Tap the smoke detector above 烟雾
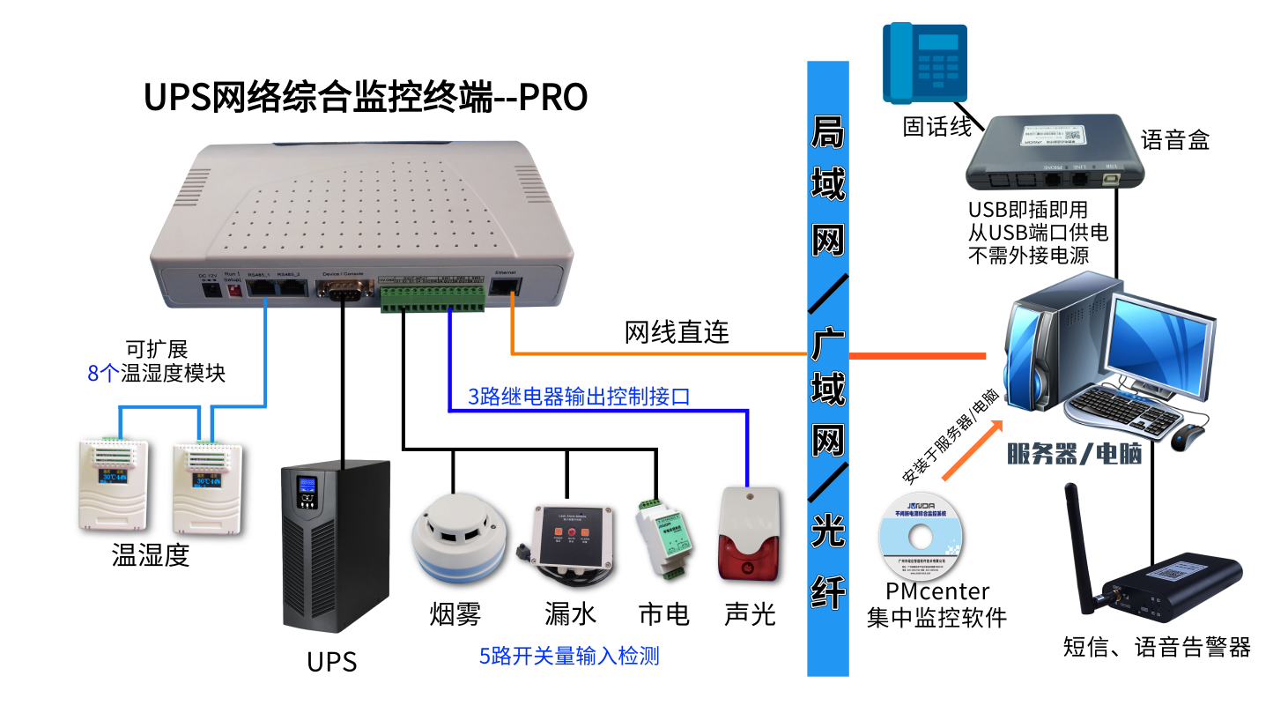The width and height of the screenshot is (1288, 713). tap(457, 538)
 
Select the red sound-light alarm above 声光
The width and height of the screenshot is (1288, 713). tap(749, 535)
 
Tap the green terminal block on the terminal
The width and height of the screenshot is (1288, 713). tap(432, 296)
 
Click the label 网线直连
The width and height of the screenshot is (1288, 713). tap(677, 332)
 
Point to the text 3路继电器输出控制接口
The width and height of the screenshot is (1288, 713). tap(578, 397)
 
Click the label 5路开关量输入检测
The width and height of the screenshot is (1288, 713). tap(569, 656)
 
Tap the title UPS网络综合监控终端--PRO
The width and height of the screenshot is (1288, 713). tap(366, 98)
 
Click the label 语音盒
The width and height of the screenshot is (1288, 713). tap(1175, 139)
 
